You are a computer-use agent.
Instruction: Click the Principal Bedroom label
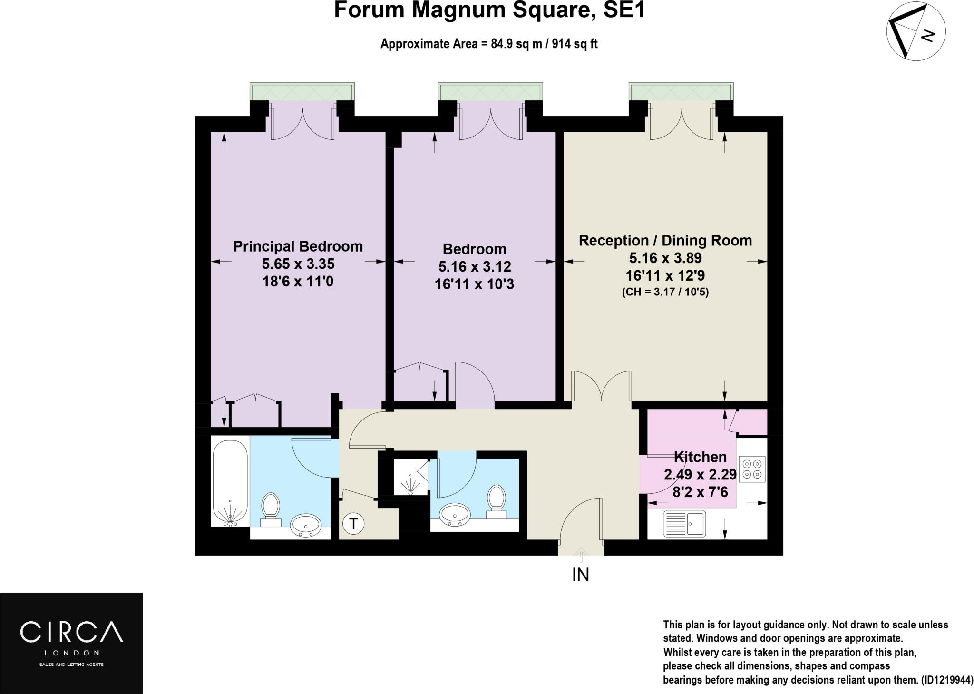coord(298,246)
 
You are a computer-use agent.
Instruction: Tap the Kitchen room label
coord(700,457)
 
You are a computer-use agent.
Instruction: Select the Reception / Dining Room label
coord(665,241)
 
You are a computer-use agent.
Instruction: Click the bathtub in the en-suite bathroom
coord(230,483)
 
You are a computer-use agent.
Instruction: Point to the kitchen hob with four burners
coord(752,469)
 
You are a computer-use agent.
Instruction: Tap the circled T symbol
coord(353,524)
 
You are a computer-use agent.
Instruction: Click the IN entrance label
coord(580,575)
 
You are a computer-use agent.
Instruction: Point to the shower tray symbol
coord(410,478)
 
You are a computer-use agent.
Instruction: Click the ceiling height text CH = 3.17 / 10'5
coord(665,292)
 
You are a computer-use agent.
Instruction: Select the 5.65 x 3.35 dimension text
coord(298,264)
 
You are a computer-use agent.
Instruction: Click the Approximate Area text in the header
coord(488,44)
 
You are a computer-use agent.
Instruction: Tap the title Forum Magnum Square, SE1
coord(489,10)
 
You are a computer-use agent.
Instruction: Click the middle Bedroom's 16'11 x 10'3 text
coord(474,284)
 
